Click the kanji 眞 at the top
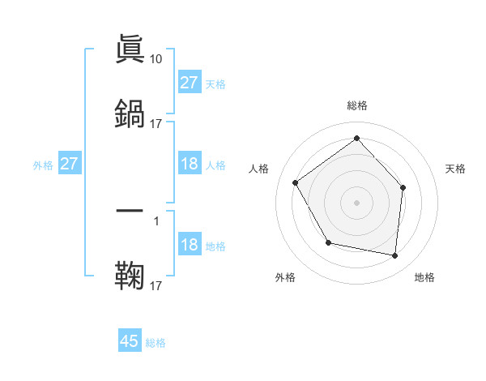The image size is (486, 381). (x=130, y=50)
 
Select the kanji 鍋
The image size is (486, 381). (x=130, y=113)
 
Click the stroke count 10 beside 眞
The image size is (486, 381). (x=156, y=59)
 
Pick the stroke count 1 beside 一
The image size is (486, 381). (x=156, y=220)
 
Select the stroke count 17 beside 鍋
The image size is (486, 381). (x=156, y=123)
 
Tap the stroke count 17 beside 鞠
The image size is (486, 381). (x=156, y=285)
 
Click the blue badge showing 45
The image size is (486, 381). (x=130, y=341)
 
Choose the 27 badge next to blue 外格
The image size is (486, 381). (x=70, y=164)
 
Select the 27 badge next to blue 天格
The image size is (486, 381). (x=190, y=83)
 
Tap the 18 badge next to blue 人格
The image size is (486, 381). (x=190, y=164)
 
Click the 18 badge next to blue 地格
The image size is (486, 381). (x=190, y=245)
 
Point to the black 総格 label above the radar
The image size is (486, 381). (x=357, y=105)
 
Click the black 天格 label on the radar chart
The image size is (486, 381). (x=455, y=169)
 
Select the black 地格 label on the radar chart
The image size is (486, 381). (x=424, y=277)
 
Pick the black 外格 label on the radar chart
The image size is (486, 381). (x=285, y=277)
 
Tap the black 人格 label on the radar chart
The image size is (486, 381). (x=258, y=169)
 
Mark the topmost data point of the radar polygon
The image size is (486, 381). (x=356, y=138)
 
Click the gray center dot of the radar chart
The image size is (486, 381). (x=356, y=202)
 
